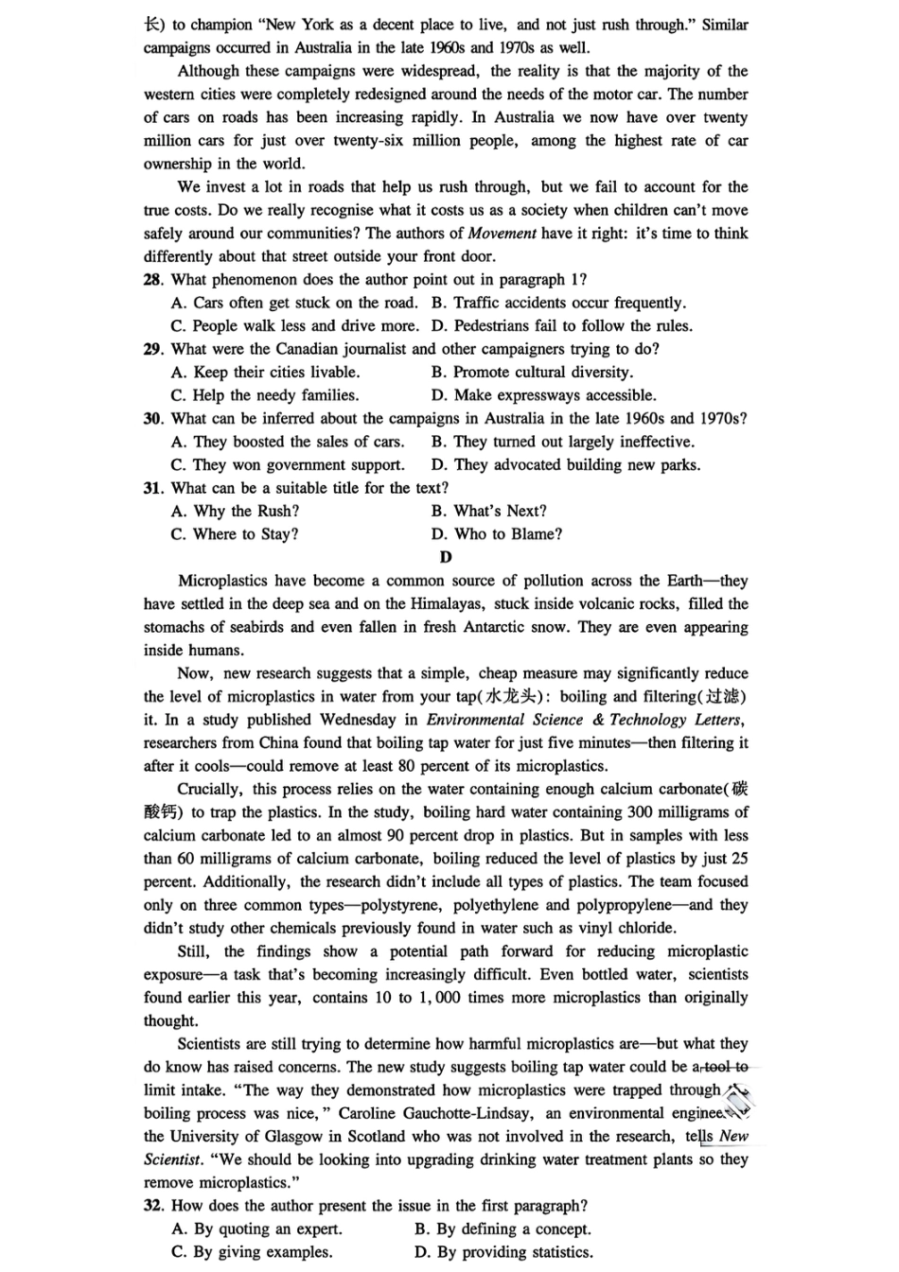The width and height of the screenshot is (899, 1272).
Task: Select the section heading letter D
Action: tap(447, 557)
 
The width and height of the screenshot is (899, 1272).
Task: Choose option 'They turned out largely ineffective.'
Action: tap(573, 442)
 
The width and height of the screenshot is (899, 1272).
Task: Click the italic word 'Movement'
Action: tap(502, 234)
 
